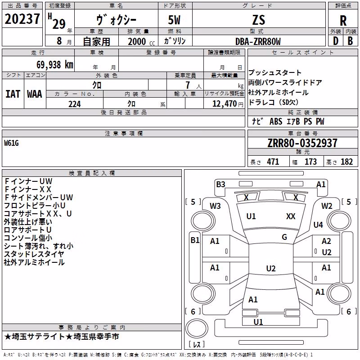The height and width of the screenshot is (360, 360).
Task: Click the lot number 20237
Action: [x=22, y=19]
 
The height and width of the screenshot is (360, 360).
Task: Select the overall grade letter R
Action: [x=343, y=21]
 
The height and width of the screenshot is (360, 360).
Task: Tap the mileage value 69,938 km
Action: [x=55, y=65]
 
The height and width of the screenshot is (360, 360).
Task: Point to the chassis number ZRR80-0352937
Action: [x=302, y=143]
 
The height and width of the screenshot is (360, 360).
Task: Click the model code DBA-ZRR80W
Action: [x=258, y=41]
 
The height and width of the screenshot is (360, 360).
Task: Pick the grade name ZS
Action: [x=258, y=20]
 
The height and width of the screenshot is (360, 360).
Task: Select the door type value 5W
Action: [x=174, y=20]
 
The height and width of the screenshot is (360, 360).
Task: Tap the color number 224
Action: [x=75, y=104]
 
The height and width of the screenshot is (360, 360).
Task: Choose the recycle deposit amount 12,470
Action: [x=224, y=104]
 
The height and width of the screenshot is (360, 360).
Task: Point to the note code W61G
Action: [x=11, y=143]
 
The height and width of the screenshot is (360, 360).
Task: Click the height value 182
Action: [x=346, y=162]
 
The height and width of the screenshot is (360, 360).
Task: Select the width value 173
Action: [x=310, y=162]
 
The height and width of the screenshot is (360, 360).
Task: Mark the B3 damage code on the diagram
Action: [x=220, y=184]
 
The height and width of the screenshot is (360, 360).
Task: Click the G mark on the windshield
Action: [x=284, y=237]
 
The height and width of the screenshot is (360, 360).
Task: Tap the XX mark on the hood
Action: [x=291, y=216]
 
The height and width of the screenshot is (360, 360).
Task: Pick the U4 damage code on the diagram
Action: [x=318, y=225]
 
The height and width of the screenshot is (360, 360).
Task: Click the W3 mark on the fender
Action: [x=215, y=206]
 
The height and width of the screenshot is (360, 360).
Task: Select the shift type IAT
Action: [x=13, y=94]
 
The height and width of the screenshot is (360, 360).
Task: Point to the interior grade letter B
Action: [x=350, y=41]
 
